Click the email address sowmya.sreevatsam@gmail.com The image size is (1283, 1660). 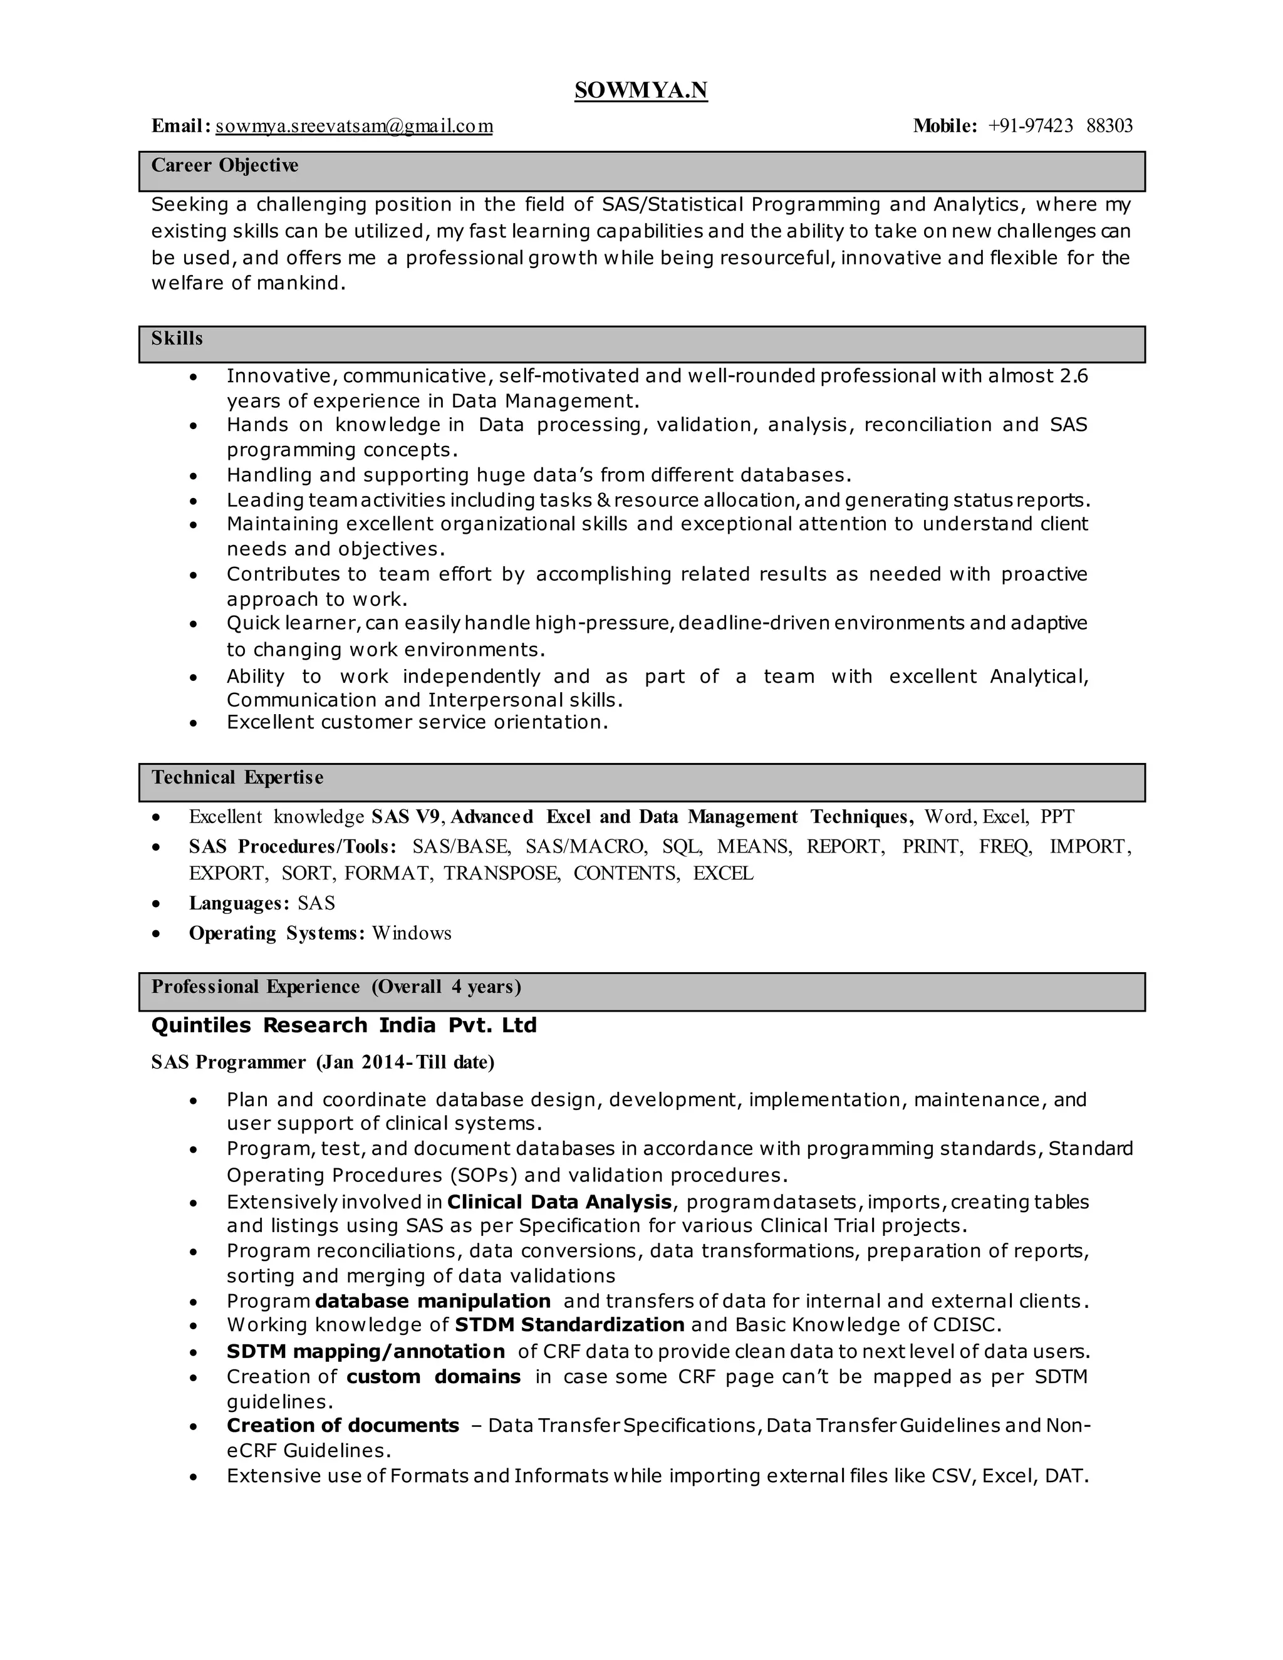tap(354, 126)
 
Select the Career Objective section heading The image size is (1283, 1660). tap(224, 166)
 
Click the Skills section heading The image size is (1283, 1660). tap(177, 339)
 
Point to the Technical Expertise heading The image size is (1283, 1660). tap(237, 777)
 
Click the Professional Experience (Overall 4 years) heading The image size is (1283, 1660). tap(336, 987)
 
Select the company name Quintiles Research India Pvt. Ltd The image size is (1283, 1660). tap(343, 1025)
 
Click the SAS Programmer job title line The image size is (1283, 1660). tap(322, 1062)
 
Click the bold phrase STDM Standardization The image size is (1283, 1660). tap(569, 1325)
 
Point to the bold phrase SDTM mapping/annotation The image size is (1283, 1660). tap(366, 1351)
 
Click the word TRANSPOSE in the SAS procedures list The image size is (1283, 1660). tap(502, 873)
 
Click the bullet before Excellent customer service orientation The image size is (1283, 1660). tap(194, 723)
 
